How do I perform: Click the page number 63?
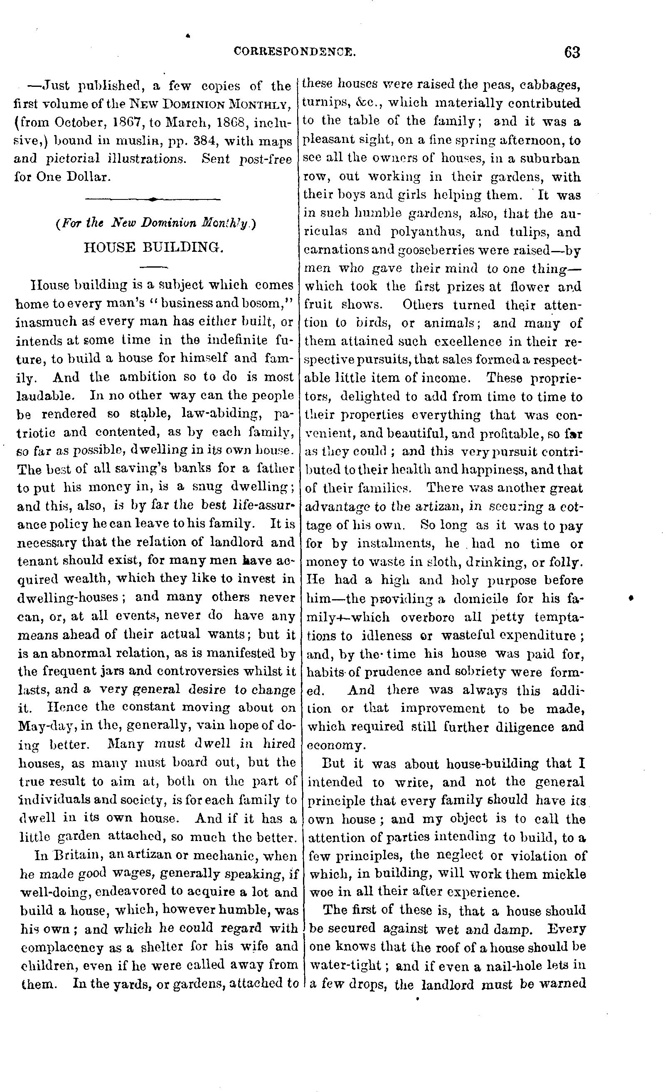[x=571, y=53]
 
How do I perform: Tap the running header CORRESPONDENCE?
[x=294, y=52]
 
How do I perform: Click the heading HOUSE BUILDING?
[x=153, y=247]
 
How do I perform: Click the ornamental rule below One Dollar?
[x=153, y=199]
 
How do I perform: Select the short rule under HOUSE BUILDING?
[x=153, y=267]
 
